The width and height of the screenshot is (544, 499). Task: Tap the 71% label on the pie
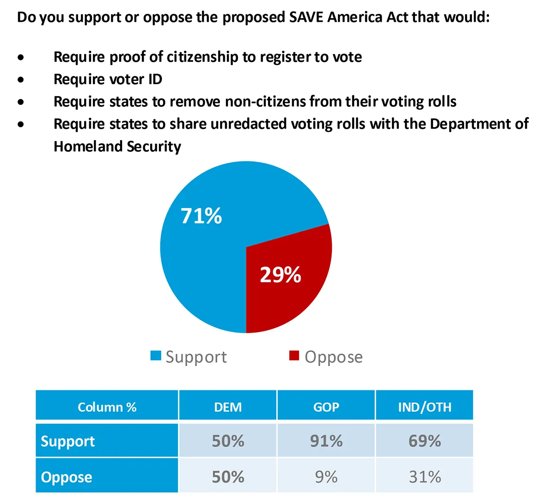click(201, 216)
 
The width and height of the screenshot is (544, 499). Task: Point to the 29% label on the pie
click(280, 275)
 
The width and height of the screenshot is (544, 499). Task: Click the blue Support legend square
click(156, 356)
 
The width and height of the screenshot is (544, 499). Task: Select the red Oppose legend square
click(294, 356)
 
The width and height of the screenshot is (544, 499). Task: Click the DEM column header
click(228, 407)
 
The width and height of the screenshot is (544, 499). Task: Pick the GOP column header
click(326, 407)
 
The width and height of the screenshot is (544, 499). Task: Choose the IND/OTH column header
click(424, 407)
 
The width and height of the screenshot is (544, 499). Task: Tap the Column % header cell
click(107, 407)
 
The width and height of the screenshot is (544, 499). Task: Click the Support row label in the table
click(68, 441)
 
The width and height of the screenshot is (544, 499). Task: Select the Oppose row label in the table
click(67, 477)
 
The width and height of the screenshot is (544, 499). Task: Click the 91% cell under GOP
click(326, 441)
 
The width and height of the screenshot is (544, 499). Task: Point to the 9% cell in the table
click(326, 477)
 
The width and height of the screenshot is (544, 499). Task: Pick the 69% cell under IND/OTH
click(424, 441)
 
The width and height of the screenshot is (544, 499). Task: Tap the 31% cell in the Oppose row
click(424, 477)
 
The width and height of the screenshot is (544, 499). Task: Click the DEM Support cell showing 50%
click(228, 441)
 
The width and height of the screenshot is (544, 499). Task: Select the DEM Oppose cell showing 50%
click(228, 477)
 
